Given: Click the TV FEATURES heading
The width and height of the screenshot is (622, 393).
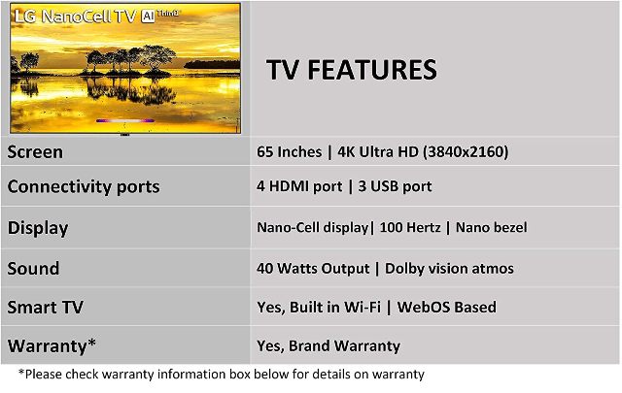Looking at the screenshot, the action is tap(352, 70).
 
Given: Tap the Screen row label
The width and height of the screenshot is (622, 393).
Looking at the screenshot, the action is tap(35, 152).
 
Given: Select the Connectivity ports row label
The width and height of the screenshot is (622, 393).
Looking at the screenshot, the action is tap(84, 187).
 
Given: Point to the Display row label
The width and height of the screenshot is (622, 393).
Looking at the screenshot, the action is tap(38, 228).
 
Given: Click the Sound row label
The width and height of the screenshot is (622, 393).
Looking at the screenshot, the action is tap(33, 269).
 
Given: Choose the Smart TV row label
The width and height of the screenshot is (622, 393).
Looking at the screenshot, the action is tap(46, 308).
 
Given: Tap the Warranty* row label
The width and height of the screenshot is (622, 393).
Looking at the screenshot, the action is tap(52, 345).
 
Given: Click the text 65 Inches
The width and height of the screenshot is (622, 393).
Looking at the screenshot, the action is tap(290, 151).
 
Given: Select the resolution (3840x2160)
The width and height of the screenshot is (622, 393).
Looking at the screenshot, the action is tap(466, 151).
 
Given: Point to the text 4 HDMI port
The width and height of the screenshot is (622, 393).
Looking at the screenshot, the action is tap(299, 186).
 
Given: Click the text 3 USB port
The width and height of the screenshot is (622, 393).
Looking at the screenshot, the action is tap(396, 186).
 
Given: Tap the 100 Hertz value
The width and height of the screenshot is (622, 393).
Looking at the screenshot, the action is tap(410, 227).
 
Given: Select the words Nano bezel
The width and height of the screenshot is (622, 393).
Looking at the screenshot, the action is tap(492, 227).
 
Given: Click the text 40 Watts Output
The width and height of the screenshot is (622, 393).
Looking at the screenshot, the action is tap(313, 269).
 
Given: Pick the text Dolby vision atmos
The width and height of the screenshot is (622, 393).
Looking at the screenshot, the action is tap(449, 269).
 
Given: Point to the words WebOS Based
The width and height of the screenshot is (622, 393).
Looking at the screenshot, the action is tap(447, 307).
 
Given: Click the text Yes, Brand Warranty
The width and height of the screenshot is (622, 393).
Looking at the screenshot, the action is tap(328, 345).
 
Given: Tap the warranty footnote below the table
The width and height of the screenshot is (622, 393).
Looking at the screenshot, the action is tap(222, 374).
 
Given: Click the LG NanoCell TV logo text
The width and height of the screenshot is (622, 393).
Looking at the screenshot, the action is tap(76, 16).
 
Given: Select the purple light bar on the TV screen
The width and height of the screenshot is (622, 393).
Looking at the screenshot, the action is tap(125, 120).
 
